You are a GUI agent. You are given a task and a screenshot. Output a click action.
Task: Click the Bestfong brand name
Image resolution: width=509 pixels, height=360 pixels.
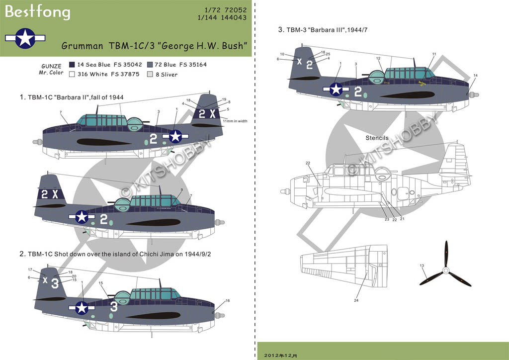pos(38,12)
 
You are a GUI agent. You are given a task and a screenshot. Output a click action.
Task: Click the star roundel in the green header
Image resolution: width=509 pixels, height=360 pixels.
pos(25,38)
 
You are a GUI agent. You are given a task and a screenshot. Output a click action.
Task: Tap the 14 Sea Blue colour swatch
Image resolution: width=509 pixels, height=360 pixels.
pos(72,65)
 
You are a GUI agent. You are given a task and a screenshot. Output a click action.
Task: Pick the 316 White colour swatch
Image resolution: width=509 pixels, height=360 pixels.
pos(72,74)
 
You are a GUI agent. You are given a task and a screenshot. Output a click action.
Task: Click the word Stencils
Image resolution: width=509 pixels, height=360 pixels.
pos(376,137)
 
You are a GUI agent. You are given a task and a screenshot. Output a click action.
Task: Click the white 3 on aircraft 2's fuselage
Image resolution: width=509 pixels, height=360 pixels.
pos(114,306)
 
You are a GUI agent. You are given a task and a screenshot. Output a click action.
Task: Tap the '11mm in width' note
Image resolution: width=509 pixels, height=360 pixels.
pos(235,121)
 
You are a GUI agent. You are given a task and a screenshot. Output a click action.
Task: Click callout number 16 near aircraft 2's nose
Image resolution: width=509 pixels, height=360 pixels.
pos(228,301)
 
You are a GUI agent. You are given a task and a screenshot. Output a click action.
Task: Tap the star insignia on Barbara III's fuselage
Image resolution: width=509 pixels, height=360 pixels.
pos(336,89)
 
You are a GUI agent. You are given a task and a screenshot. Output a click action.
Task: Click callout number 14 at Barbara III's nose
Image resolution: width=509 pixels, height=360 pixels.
pos(476,75)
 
